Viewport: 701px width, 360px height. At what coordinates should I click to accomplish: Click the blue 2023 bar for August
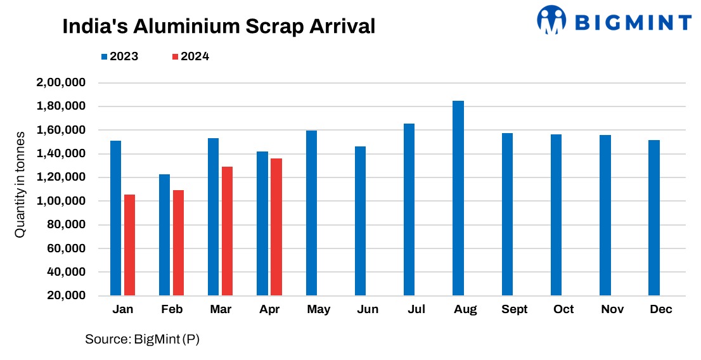pyautogui.click(x=458, y=198)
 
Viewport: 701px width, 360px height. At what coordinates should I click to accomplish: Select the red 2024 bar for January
pyautogui.click(x=129, y=245)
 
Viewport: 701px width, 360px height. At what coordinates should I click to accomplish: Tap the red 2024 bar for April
pyautogui.click(x=276, y=227)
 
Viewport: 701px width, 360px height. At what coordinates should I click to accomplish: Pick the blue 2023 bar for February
pyautogui.click(x=164, y=235)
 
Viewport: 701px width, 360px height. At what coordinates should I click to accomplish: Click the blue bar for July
pyautogui.click(x=409, y=209)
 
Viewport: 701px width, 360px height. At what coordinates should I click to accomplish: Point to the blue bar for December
pyautogui.click(x=654, y=217)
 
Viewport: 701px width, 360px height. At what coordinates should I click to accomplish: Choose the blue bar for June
pyautogui.click(x=360, y=221)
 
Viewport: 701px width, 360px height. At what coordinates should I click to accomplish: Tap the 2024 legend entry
pyautogui.click(x=190, y=56)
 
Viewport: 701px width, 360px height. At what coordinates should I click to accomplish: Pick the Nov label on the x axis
pyautogui.click(x=612, y=309)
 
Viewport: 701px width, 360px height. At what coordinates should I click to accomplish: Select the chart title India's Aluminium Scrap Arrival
pyautogui.click(x=219, y=26)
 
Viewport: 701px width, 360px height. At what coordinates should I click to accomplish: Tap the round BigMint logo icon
pyautogui.click(x=551, y=20)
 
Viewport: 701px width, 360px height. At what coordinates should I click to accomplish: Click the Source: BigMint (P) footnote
pyautogui.click(x=143, y=340)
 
